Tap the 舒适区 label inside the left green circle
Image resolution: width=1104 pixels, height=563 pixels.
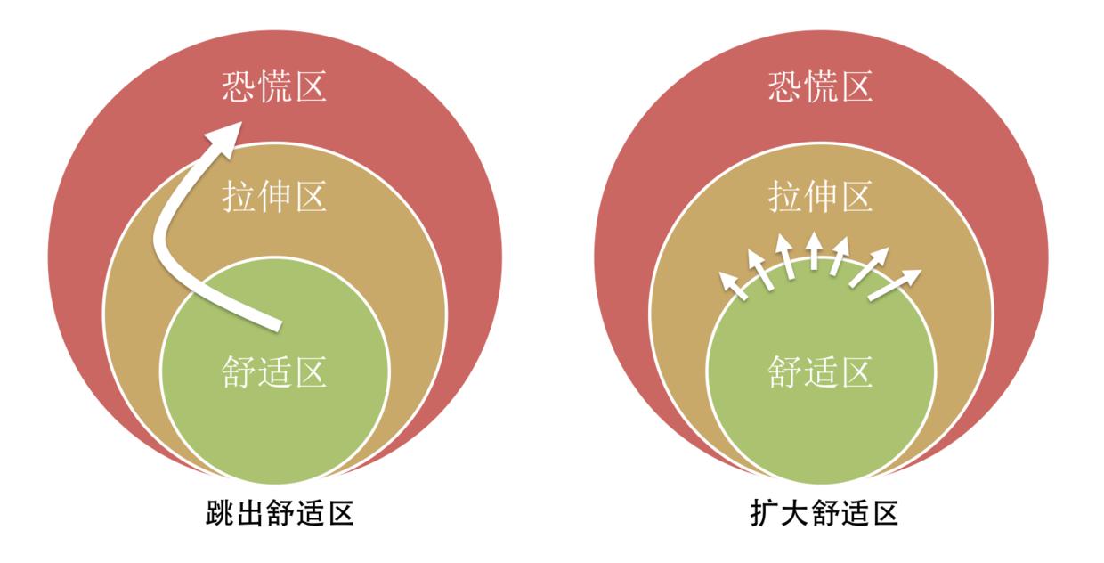click(x=274, y=371)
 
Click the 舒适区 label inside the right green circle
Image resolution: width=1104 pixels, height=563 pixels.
click(x=820, y=371)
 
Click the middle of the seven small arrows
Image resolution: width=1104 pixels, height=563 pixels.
click(x=813, y=251)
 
